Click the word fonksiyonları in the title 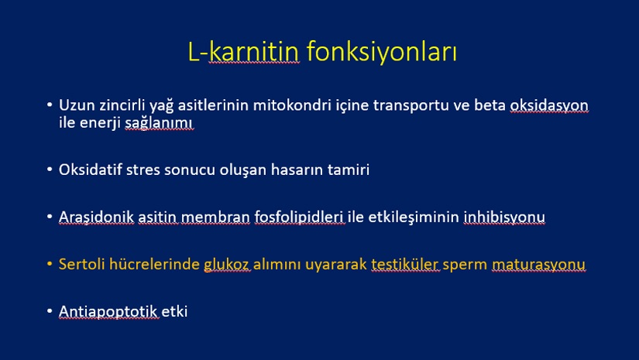click(381, 52)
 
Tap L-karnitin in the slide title click(243, 51)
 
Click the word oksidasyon click(549, 105)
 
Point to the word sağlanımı click(159, 123)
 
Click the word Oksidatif click(90, 170)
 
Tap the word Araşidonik click(96, 217)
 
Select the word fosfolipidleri click(299, 217)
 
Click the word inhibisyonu click(504, 217)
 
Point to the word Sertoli click(81, 264)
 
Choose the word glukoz click(226, 265)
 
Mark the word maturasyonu click(538, 265)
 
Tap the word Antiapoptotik click(108, 311)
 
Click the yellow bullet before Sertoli click(50, 264)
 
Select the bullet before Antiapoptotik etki click(50, 311)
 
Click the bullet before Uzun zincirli click(50, 105)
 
